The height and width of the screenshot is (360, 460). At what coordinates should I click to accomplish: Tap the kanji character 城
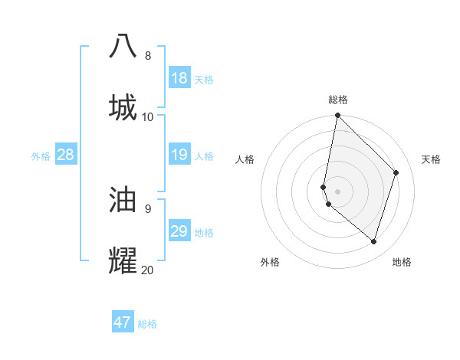click(x=123, y=106)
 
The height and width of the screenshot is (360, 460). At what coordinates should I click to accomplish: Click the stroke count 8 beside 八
click(x=148, y=55)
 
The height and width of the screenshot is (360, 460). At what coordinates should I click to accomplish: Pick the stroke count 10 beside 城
click(x=148, y=116)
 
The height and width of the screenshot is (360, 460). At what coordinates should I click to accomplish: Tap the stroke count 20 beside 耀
click(x=148, y=270)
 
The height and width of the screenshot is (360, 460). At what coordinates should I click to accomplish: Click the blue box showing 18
click(x=179, y=78)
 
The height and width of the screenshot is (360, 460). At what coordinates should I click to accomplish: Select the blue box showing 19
click(x=179, y=155)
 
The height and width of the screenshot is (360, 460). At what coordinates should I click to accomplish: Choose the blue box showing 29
click(x=179, y=231)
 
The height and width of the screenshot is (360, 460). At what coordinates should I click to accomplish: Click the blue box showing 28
click(x=65, y=155)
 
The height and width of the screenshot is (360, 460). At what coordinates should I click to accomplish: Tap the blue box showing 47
click(x=123, y=322)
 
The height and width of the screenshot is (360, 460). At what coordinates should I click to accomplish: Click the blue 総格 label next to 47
click(x=148, y=324)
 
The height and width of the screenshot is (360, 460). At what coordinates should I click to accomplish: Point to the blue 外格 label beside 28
click(x=41, y=156)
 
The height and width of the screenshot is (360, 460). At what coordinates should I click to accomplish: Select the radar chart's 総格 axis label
click(x=338, y=100)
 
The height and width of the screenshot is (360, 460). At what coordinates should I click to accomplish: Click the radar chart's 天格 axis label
click(x=432, y=159)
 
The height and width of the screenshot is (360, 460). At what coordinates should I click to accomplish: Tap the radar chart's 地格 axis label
click(x=402, y=262)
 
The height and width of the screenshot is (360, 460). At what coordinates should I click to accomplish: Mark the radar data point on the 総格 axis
click(x=338, y=116)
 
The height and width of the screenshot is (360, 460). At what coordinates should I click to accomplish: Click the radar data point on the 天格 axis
click(x=396, y=172)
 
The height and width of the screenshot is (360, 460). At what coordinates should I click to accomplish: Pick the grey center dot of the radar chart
click(x=338, y=191)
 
